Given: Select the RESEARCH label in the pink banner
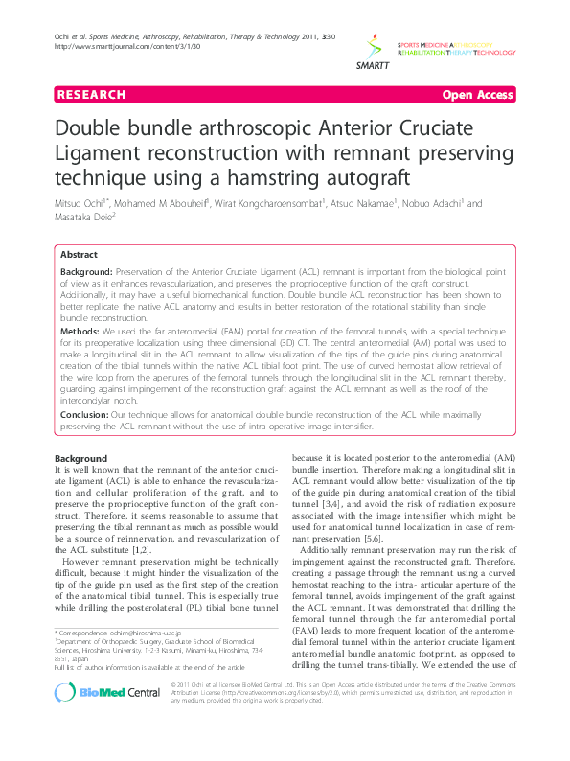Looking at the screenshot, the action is click(92, 95).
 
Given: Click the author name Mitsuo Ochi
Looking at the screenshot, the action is click(79, 203).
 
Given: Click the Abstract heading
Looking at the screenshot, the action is click(79, 256).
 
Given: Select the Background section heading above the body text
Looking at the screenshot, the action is click(80, 458).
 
